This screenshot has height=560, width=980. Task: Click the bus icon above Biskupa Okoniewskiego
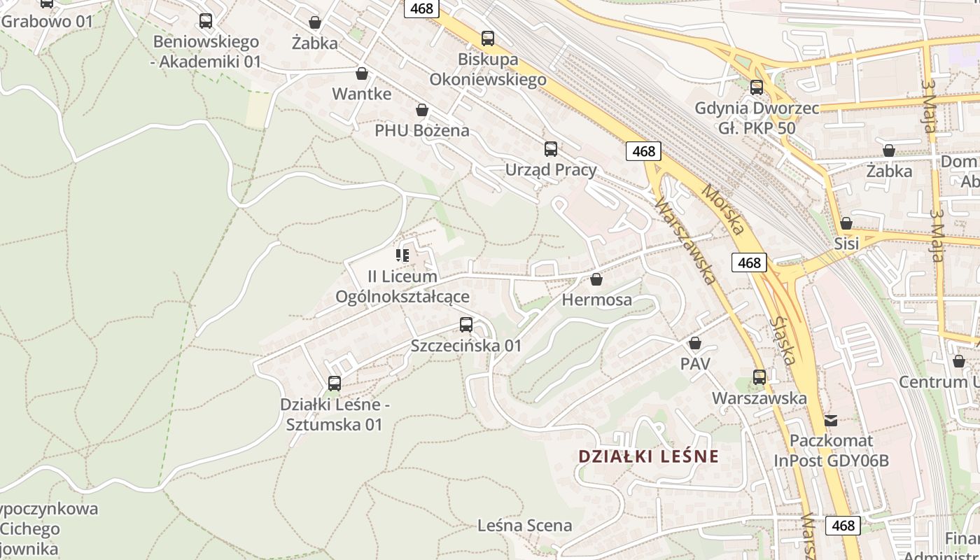coord(488,38)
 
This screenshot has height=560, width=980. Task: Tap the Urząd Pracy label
coord(551,169)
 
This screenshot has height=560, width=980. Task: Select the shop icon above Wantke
coord(362,73)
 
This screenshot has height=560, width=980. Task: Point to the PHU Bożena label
coord(421,130)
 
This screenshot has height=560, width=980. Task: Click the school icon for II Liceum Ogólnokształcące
coord(402,255)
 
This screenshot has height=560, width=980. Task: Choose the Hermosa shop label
coord(597,300)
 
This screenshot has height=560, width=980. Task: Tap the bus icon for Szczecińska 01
coord(466,325)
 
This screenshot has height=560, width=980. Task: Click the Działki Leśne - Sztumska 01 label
coord(335,414)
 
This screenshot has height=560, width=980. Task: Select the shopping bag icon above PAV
coord(695,343)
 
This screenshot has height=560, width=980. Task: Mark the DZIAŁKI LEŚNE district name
coord(648,456)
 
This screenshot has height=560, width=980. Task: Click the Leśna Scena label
coord(524,525)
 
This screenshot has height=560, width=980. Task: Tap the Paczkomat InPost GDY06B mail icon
coord(831,420)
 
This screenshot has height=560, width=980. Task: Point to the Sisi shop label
coord(846,244)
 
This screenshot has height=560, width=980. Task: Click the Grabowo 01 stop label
coord(47,21)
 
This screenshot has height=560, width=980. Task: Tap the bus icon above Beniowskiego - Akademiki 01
coord(206,21)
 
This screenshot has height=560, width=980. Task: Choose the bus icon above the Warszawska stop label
coord(759,377)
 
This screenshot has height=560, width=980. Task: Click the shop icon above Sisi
coord(846,223)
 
